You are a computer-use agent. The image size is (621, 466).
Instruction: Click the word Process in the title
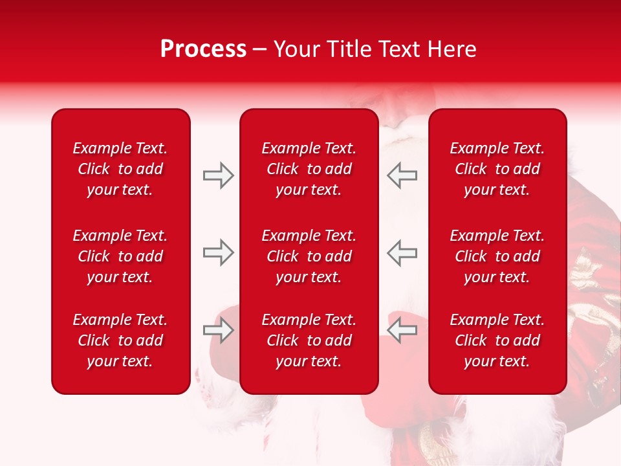[203, 49]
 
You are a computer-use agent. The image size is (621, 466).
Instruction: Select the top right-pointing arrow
[218, 175]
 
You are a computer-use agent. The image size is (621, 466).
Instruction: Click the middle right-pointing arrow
[218, 252]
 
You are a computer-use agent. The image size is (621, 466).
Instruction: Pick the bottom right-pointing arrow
[218, 331]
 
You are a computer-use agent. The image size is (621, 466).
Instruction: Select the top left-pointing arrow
[402, 175]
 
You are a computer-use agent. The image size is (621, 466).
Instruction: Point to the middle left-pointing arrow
[402, 252]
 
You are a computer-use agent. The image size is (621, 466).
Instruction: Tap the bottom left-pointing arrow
[402, 331]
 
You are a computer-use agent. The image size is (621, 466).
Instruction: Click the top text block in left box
[120, 169]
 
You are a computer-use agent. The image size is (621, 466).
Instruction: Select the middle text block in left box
[120, 256]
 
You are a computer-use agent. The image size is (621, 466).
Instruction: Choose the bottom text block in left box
[120, 340]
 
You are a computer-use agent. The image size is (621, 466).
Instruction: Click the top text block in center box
[309, 169]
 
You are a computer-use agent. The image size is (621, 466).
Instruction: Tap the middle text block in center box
[309, 256]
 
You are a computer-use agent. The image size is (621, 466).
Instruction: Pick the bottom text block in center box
[309, 340]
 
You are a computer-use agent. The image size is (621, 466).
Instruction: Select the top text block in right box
[497, 169]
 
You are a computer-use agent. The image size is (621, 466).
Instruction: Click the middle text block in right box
[497, 256]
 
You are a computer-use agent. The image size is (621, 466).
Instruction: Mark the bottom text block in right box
[497, 340]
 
